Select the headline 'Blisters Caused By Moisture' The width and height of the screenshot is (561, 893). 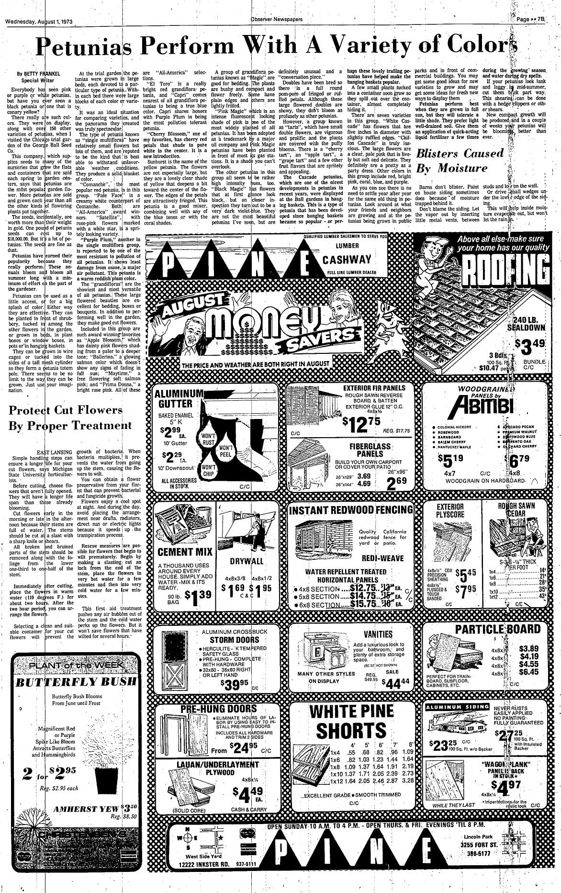click(460, 161)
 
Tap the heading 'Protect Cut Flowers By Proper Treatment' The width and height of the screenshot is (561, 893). click(70, 417)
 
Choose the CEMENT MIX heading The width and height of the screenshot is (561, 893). click(185, 552)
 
